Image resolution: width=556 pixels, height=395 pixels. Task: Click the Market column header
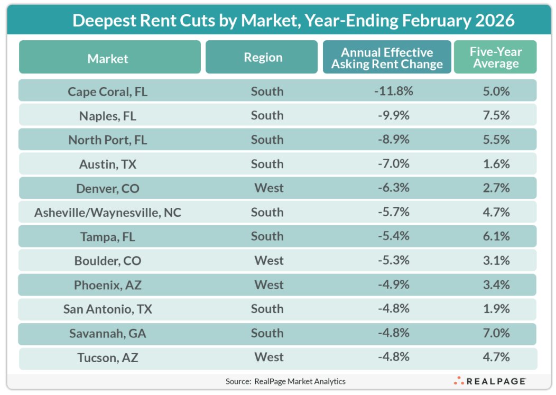click(108, 58)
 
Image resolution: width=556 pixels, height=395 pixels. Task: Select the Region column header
click(263, 57)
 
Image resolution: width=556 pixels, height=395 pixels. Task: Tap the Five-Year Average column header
click(495, 58)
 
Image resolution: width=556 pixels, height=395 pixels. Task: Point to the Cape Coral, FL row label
click(107, 91)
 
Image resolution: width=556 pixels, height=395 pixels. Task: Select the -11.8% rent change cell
click(393, 91)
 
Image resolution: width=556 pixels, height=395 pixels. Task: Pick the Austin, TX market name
click(107, 164)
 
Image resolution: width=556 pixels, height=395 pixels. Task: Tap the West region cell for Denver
click(268, 188)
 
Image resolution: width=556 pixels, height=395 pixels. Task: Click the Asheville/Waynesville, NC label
click(107, 213)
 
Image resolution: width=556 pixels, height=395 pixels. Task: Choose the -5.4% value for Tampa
click(393, 236)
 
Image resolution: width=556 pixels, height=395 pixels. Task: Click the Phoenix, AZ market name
click(107, 285)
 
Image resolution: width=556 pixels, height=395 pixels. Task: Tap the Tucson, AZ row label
click(107, 357)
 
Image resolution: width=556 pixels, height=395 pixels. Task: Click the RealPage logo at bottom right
click(489, 381)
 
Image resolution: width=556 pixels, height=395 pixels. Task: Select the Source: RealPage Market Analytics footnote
click(285, 381)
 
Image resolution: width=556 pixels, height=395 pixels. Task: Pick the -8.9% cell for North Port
click(393, 140)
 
